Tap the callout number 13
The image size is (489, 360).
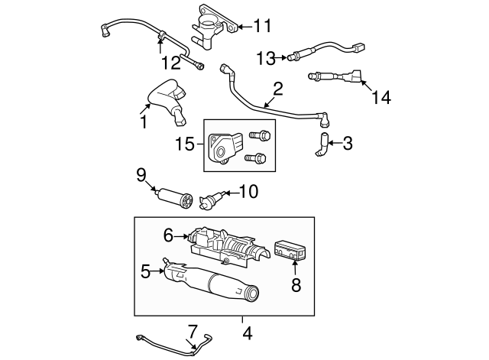264,57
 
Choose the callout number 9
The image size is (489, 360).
141,174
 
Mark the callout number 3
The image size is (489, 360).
348,143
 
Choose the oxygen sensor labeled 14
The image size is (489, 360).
336,76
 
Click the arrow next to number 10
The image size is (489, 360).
228,193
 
